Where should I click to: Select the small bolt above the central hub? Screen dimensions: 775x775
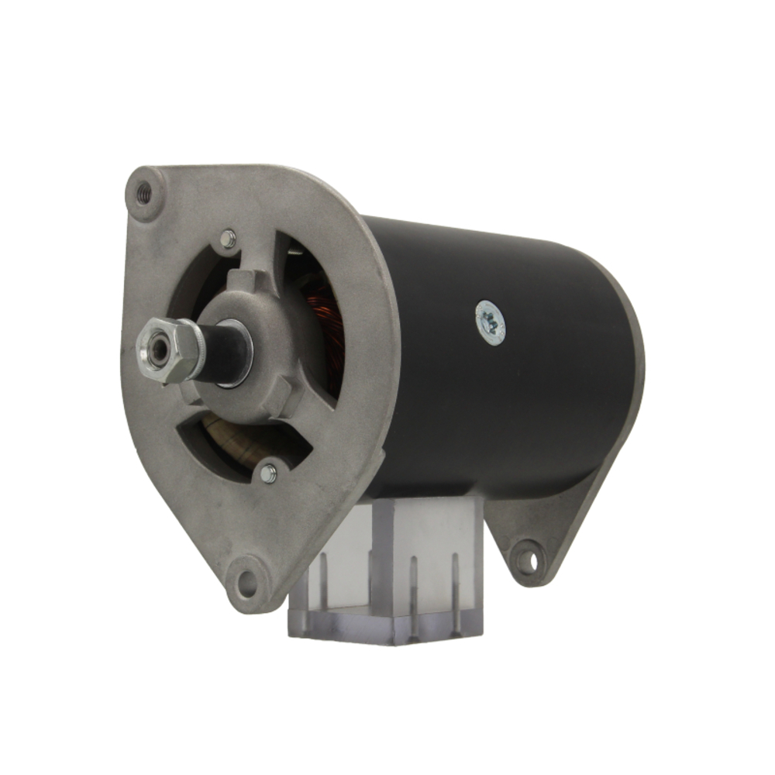(228, 239)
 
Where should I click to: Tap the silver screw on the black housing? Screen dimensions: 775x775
(490, 321)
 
